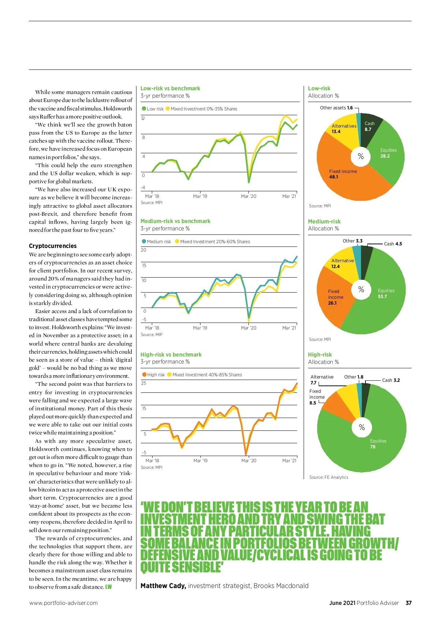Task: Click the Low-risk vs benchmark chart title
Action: [x=170, y=89]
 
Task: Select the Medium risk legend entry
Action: [x=156, y=242]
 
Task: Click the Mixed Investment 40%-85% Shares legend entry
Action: [x=205, y=375]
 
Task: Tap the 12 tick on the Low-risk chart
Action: [x=143, y=118]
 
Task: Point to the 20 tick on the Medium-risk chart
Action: [x=143, y=250]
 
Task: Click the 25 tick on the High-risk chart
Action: [x=144, y=383]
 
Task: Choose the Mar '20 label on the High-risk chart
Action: [x=249, y=461]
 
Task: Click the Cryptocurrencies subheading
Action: [x=53, y=246]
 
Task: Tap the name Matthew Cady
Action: [x=163, y=586]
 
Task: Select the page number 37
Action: [x=409, y=603]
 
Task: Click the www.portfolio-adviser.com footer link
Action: [x=63, y=603]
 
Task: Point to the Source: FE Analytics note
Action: [x=329, y=477]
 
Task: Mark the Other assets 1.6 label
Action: [x=336, y=108]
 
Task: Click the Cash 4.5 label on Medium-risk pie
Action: [x=393, y=244]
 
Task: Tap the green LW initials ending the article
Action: [x=109, y=587]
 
